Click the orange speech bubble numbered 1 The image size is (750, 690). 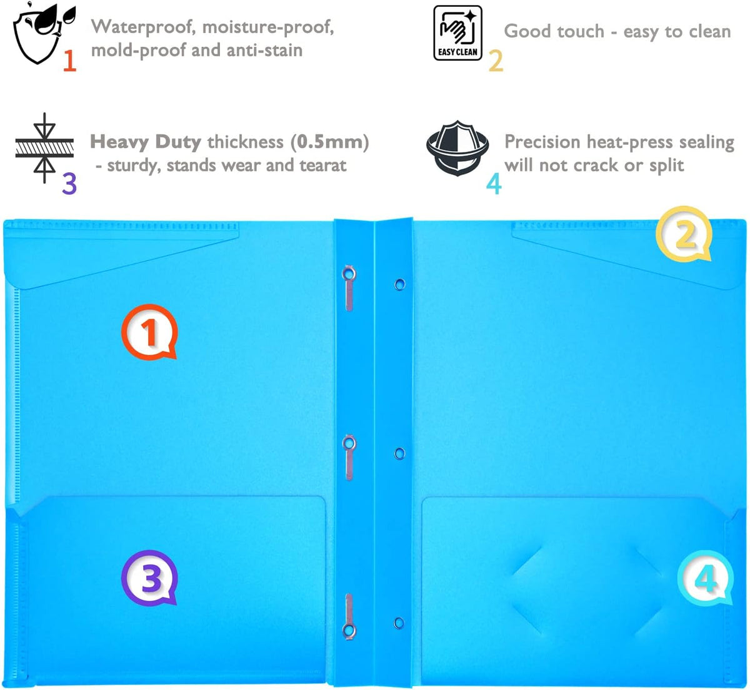coord(149,332)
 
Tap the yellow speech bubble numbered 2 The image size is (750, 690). coord(684,234)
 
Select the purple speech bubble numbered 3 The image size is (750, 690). coord(149,578)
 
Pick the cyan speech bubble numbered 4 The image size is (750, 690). coord(706,578)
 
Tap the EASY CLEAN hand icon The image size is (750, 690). coord(457,33)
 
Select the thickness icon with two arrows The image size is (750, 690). coord(44,148)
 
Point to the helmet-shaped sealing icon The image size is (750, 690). coord(457,148)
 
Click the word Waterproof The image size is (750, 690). coord(143,27)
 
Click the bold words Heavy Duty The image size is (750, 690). coord(146,142)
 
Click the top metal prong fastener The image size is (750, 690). coord(349,288)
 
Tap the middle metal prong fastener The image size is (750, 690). coord(349,458)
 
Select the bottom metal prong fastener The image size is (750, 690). coord(349,617)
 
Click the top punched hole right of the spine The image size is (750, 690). coord(399,285)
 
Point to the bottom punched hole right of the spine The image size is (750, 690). coord(399,623)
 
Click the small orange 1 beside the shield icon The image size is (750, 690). coord(70,60)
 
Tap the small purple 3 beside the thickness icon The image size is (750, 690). coord(69,184)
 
